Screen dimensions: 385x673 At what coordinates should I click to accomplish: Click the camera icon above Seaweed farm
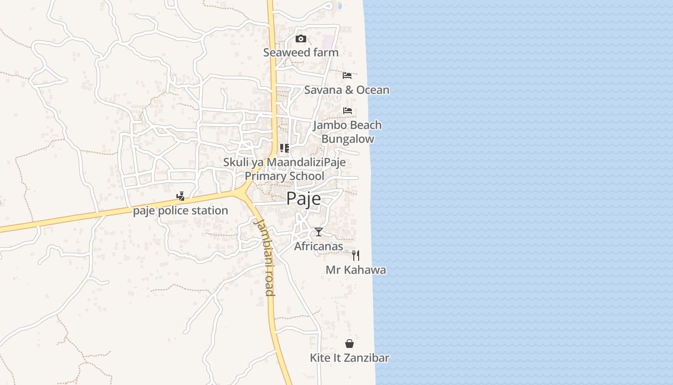pyautogui.click(x=301, y=38)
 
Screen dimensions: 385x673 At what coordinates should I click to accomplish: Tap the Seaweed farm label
pyautogui.click(x=301, y=52)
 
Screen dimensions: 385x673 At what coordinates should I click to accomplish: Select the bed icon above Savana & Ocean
pyautogui.click(x=347, y=75)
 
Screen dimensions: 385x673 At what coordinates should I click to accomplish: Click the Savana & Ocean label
pyautogui.click(x=347, y=90)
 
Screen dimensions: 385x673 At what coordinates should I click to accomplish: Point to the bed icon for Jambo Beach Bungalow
pyautogui.click(x=348, y=111)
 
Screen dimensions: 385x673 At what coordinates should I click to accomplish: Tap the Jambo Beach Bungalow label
pyautogui.click(x=348, y=132)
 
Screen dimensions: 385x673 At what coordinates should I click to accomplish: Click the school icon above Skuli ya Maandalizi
pyautogui.click(x=285, y=148)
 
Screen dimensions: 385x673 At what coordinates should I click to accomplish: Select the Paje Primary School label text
pyautogui.click(x=285, y=176)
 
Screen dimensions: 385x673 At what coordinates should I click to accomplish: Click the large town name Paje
pyautogui.click(x=304, y=198)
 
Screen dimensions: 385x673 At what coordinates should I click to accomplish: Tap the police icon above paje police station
pyautogui.click(x=180, y=196)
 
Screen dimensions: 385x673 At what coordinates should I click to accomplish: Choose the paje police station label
pyautogui.click(x=180, y=211)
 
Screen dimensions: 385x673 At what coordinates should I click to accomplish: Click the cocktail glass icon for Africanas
pyautogui.click(x=319, y=232)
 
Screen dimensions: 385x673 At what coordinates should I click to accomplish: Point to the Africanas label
pyautogui.click(x=319, y=246)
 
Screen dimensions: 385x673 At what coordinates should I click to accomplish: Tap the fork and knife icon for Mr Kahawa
pyautogui.click(x=356, y=255)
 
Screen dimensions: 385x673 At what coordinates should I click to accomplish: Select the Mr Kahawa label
pyautogui.click(x=356, y=270)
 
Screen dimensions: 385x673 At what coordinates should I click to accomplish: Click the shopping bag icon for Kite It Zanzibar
pyautogui.click(x=349, y=344)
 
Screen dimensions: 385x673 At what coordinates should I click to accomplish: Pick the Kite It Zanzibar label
pyautogui.click(x=349, y=358)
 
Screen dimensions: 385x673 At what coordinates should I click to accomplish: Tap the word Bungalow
pyautogui.click(x=348, y=139)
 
